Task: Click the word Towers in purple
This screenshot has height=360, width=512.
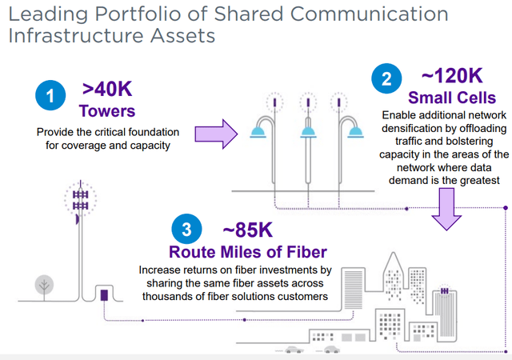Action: tap(107, 110)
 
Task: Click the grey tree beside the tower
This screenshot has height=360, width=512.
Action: tap(43, 284)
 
